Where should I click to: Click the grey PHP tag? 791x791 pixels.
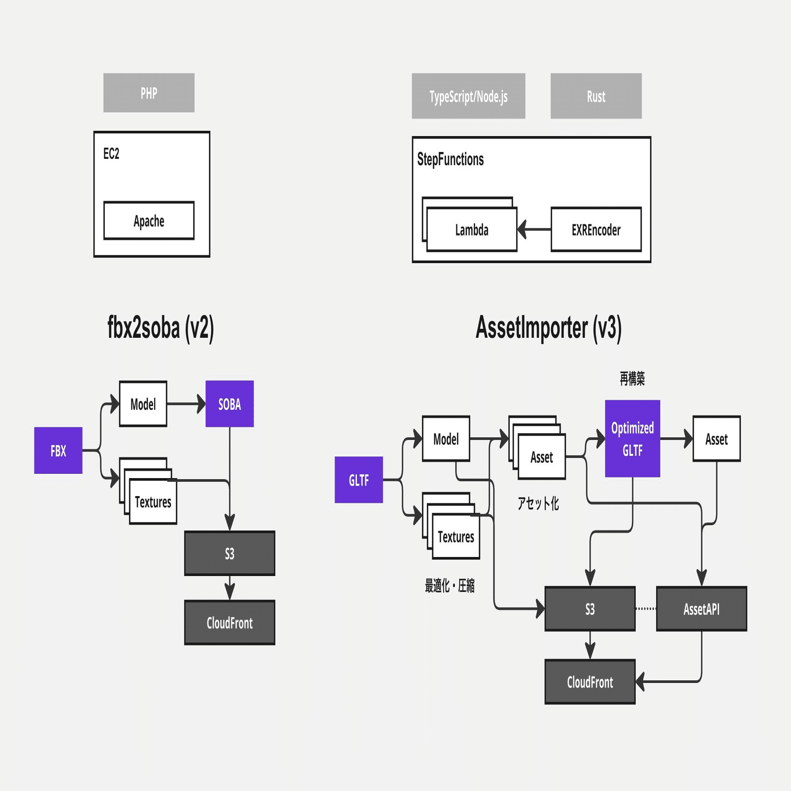click(149, 93)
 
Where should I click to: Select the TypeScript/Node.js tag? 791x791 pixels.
click(468, 96)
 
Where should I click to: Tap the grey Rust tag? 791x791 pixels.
click(596, 96)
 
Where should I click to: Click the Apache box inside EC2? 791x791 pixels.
click(149, 221)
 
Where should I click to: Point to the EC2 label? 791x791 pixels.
click(111, 154)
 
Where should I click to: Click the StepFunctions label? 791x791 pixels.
click(450, 159)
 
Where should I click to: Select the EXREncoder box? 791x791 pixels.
click(596, 230)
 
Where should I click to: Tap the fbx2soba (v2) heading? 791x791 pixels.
click(160, 328)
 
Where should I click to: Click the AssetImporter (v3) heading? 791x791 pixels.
click(548, 328)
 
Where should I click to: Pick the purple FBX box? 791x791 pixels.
click(58, 451)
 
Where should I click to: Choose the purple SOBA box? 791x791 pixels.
click(229, 404)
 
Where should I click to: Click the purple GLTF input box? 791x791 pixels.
click(358, 480)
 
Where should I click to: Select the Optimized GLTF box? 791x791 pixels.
click(632, 439)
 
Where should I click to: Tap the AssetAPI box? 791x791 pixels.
click(701, 609)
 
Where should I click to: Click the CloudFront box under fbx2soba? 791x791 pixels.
click(229, 623)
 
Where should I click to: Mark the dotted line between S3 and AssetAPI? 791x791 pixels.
click(645, 609)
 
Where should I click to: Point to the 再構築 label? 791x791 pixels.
click(632, 378)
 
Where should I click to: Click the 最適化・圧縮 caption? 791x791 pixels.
click(450, 586)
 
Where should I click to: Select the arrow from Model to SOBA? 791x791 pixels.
click(186, 404)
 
